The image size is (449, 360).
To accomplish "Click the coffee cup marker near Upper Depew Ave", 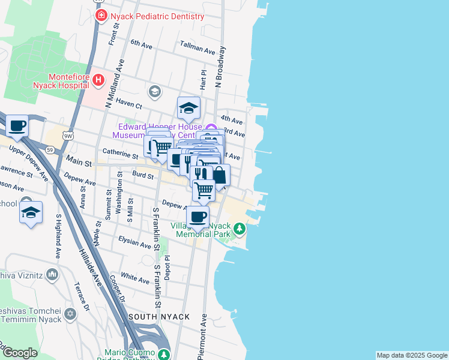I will (x=17, y=126).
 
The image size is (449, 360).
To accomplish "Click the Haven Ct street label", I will (x=128, y=103).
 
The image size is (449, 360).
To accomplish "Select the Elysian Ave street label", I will (x=134, y=244).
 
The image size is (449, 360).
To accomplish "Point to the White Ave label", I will (x=134, y=278).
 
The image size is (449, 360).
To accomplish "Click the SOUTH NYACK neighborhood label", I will (x=158, y=316).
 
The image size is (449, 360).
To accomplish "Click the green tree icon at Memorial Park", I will (x=240, y=228).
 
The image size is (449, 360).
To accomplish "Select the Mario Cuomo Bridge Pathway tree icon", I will (x=164, y=354).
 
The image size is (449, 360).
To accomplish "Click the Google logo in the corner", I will (x=19, y=353).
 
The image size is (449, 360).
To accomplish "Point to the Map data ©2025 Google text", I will (x=412, y=355).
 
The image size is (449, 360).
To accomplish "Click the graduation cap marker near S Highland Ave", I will (x=31, y=213).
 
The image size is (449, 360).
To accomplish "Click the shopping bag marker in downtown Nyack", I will (x=219, y=176).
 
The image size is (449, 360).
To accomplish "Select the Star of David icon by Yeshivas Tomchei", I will (x=71, y=314).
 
